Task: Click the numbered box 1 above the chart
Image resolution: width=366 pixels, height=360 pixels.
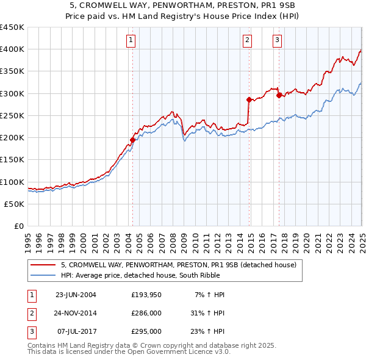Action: click(x=132, y=41)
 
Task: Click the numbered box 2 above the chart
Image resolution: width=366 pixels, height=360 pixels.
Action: click(x=248, y=41)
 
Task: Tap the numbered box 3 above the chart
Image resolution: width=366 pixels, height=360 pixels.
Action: click(x=277, y=41)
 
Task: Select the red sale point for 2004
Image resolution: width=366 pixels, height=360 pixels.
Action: click(x=132, y=140)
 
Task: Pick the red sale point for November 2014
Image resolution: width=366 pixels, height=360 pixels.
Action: click(x=249, y=99)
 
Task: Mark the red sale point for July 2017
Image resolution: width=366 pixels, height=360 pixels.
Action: click(x=279, y=95)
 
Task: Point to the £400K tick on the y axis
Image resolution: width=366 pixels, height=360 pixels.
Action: click(x=12, y=49)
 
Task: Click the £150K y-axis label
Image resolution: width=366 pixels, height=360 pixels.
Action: click(x=12, y=159)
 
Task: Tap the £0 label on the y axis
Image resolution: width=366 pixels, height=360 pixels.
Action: click(x=19, y=226)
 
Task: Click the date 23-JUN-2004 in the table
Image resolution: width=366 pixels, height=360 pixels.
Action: click(x=76, y=295)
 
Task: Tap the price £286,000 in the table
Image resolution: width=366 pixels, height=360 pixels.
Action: click(x=146, y=313)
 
